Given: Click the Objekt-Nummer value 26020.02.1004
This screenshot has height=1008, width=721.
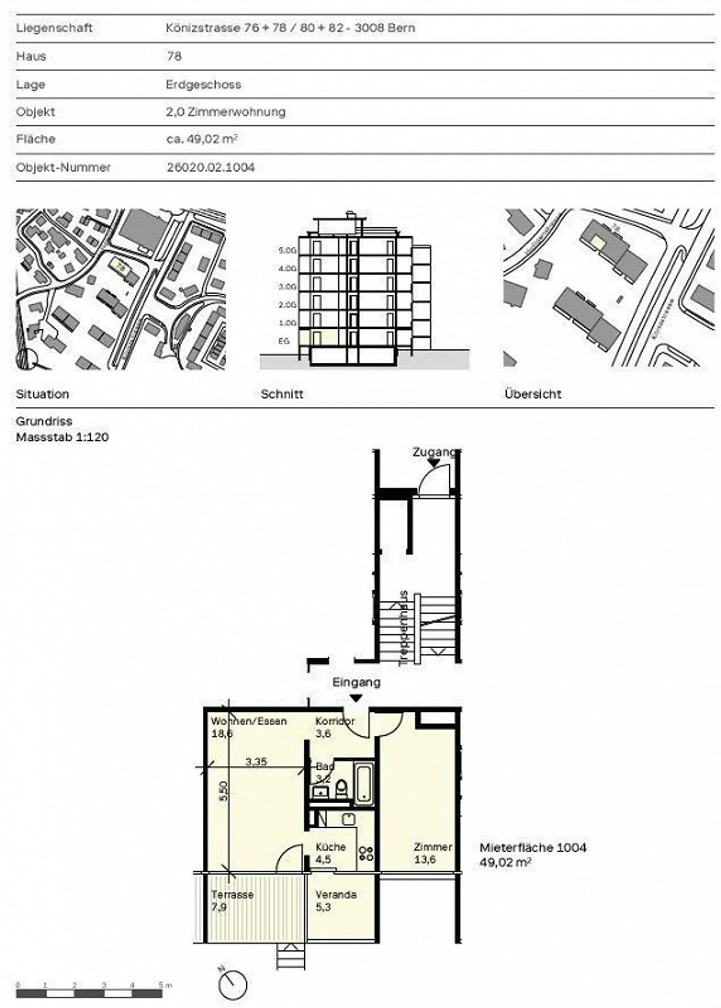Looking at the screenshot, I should [211, 167].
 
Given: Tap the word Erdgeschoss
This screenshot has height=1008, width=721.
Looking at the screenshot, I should [203, 84].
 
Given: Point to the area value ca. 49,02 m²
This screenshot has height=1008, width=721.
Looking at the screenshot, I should [202, 139].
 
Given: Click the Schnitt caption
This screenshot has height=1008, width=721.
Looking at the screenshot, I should [282, 394].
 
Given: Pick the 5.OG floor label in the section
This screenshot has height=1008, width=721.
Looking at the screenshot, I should [287, 250].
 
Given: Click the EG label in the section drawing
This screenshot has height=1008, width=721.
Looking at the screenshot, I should [284, 341].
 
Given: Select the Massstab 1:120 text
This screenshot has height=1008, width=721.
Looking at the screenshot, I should [62, 437].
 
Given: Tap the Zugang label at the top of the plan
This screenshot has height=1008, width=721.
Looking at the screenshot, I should [434, 452].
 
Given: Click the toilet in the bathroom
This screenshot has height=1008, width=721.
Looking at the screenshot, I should [341, 789].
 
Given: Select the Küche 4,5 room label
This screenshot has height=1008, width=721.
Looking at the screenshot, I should [330, 853].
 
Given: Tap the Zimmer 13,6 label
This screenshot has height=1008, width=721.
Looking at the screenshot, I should [433, 853].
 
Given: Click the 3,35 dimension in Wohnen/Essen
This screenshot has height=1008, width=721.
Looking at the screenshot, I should [256, 762].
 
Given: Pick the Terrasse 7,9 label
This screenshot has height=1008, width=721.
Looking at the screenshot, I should [232, 900].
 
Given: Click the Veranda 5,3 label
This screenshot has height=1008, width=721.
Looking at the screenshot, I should [335, 900].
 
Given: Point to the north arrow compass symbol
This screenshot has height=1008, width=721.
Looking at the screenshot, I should [232, 983].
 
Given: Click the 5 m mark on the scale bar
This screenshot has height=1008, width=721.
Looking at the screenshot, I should [162, 985].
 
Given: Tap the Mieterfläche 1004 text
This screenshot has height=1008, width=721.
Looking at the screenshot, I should [533, 847].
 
